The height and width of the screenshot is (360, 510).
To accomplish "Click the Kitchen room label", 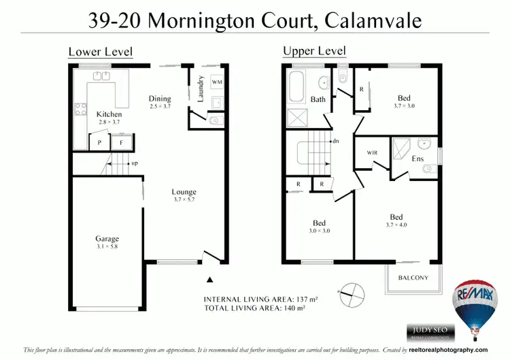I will point(109,114).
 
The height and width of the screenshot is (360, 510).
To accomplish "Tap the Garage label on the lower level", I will point(107,239).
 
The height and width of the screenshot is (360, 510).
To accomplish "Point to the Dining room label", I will point(160,99).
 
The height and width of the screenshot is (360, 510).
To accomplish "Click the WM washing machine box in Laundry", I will point(217,82).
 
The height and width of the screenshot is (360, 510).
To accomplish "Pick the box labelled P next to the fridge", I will point(99,143).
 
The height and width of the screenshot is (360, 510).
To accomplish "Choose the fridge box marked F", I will point(122,143).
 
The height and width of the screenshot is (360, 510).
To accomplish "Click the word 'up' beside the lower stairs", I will point(135,163).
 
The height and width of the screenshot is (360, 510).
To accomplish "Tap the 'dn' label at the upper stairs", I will point(335,142).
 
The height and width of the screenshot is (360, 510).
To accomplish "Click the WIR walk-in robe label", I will point(372,152).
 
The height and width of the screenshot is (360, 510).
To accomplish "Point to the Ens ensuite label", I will point(418,159).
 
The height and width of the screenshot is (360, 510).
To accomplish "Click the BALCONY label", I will point(413,278).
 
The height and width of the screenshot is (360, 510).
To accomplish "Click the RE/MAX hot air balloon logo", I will point(473,306).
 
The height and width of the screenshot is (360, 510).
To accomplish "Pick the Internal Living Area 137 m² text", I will point(262,299).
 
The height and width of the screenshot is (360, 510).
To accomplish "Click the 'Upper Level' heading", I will point(314,51).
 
